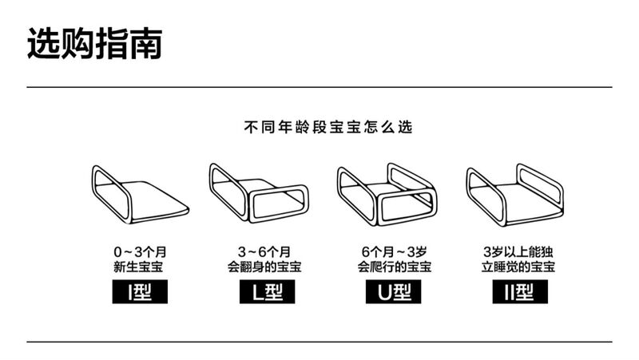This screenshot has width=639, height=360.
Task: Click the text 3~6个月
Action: [x=264, y=251]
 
